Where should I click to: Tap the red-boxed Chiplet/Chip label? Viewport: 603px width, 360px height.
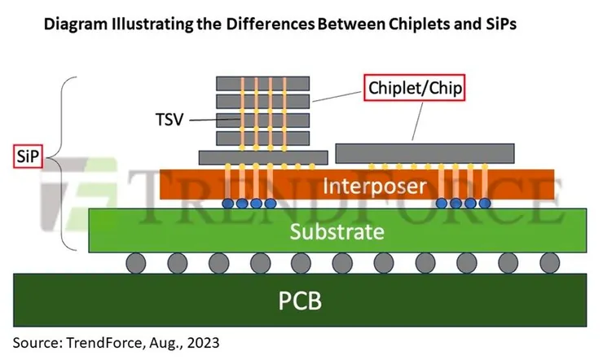pyautogui.click(x=414, y=86)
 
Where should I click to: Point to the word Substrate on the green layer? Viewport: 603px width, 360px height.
pyautogui.click(x=337, y=231)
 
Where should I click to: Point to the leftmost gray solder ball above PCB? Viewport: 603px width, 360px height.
pyautogui.click(x=136, y=263)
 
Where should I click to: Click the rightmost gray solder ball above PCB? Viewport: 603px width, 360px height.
pyautogui.click(x=548, y=263)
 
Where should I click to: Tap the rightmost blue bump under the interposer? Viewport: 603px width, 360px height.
pyautogui.click(x=485, y=202)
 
